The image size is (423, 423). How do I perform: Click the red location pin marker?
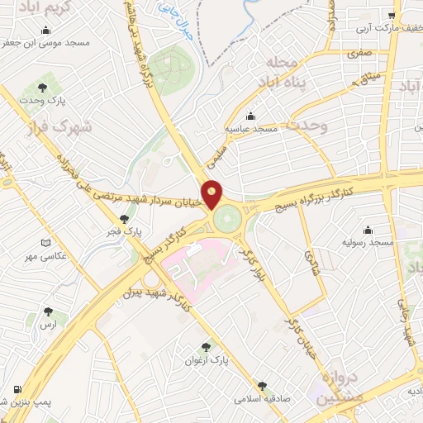pyautogui.click(x=212, y=194)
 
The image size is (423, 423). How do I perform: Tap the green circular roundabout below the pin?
pyautogui.click(x=225, y=220)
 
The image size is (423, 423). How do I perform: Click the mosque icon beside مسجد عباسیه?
pyautogui.click(x=250, y=116)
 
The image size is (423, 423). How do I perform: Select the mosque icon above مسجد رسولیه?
pyautogui.click(x=368, y=231)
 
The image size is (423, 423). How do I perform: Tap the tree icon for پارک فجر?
pyautogui.click(x=123, y=219)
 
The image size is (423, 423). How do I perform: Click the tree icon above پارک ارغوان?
pyautogui.click(x=206, y=348)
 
